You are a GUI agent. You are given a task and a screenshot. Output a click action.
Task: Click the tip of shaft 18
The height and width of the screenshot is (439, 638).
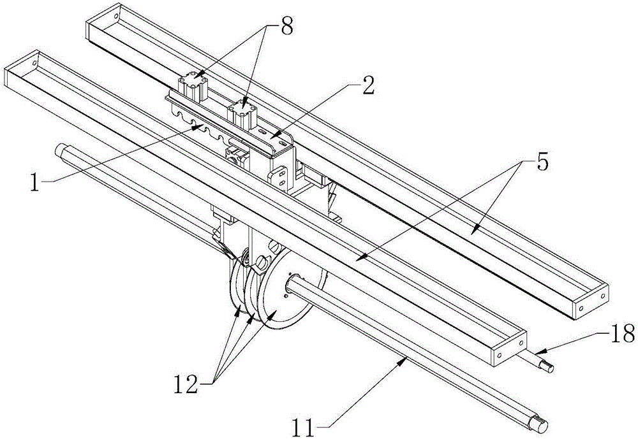coord(550,368)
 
